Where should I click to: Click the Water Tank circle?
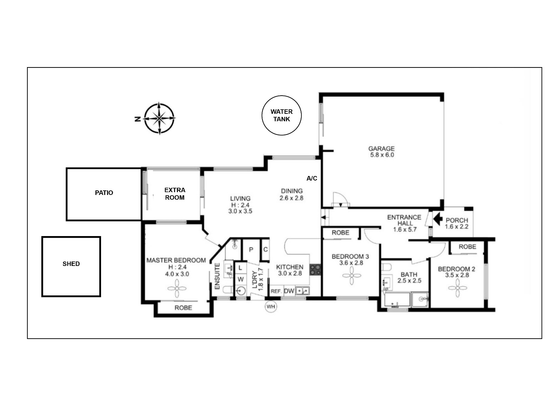pyautogui.click(x=281, y=96)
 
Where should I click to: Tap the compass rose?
pyautogui.click(x=159, y=118)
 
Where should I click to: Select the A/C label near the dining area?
pyautogui.click(x=312, y=178)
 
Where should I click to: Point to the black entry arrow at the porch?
pyautogui.click(x=438, y=219)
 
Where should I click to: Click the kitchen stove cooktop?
pyautogui.click(x=315, y=270)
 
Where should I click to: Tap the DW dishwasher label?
pyautogui.click(x=289, y=291)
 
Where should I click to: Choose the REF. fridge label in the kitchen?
pyautogui.click(x=276, y=291)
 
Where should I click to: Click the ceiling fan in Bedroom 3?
pyautogui.click(x=352, y=276)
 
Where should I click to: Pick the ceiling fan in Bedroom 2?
pyautogui.click(x=458, y=288)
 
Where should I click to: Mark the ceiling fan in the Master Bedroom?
pyautogui.click(x=177, y=289)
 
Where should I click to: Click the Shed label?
pyautogui.click(x=71, y=264)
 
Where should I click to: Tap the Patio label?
pyautogui.click(x=104, y=193)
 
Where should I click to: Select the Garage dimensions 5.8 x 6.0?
pyautogui.click(x=382, y=155)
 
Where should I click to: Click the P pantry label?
pyautogui.click(x=251, y=249)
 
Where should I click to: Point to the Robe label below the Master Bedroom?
pyautogui.click(x=183, y=308)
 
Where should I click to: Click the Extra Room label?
pyautogui.click(x=175, y=194)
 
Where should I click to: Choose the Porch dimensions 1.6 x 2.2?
pyautogui.click(x=456, y=227)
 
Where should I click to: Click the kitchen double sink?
pyautogui.click(x=302, y=291)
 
